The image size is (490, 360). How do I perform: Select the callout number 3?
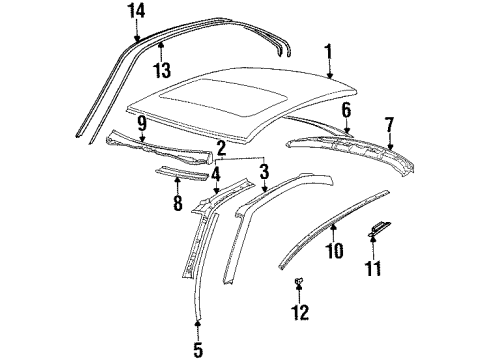(263, 172)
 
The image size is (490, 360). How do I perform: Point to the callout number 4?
(216, 172)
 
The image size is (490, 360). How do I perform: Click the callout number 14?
(136, 10)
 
